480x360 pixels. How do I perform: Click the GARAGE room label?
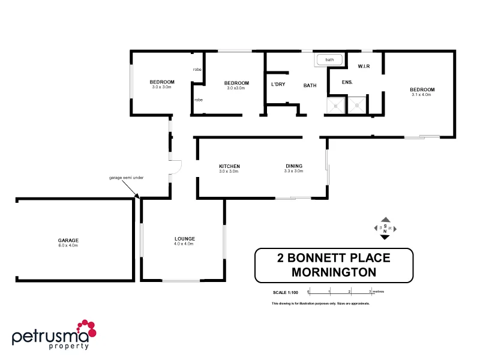click(68, 240)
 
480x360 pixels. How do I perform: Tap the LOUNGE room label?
click(184, 239)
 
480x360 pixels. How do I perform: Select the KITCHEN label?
click(229, 166)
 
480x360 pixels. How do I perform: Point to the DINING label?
click(293, 166)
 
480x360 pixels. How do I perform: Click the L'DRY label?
click(278, 85)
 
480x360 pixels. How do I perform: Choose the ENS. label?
click(347, 82)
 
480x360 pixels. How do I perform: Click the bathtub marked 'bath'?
click(329, 59)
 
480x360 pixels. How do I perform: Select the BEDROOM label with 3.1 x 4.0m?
click(422, 89)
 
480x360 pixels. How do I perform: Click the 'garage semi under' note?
click(126, 178)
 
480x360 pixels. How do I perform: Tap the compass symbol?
click(385, 229)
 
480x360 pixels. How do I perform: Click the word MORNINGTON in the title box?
click(334, 271)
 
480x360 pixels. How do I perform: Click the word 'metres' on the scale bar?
click(377, 292)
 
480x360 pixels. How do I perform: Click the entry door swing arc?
click(175, 167)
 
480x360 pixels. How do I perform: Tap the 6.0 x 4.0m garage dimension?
click(68, 245)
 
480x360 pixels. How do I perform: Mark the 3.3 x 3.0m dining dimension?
click(293, 171)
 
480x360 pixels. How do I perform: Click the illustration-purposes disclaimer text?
click(320, 304)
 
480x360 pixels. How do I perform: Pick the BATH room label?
click(310, 85)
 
